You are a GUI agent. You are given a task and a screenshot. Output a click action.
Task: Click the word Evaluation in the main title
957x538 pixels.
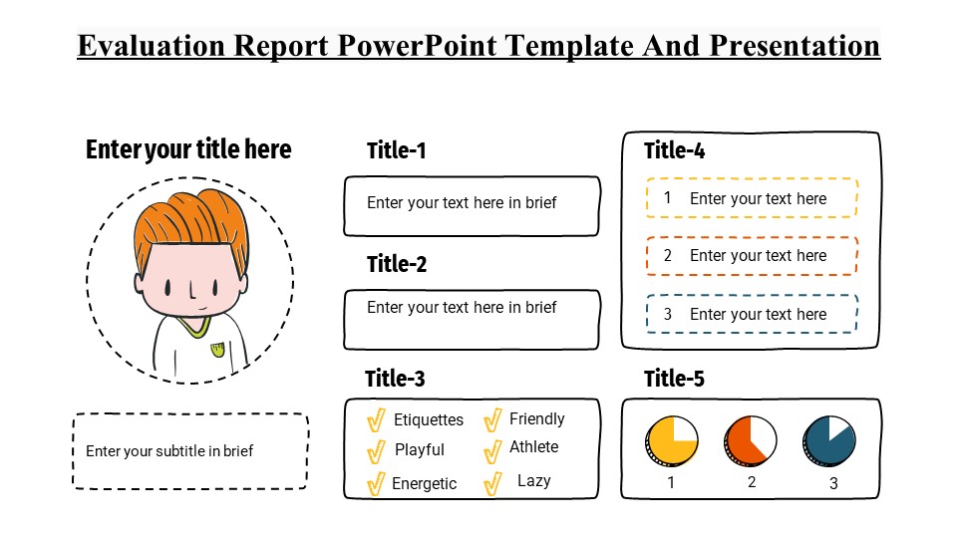pos(152,46)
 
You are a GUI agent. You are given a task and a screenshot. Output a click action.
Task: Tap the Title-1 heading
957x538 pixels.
pos(396,150)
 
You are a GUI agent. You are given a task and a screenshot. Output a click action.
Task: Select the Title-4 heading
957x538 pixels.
pos(675,150)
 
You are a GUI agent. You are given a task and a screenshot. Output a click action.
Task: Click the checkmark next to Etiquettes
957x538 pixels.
pos(376,419)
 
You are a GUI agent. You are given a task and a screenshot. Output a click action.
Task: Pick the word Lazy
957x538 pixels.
pos(534,481)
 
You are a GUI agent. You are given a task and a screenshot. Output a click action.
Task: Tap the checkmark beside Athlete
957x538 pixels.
pos(492,451)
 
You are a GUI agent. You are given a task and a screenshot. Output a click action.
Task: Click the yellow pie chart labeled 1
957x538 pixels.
pos(671,441)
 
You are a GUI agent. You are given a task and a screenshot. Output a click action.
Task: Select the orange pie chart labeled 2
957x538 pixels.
pos(750,441)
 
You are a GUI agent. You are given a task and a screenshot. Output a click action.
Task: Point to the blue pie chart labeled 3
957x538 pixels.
pos(829,441)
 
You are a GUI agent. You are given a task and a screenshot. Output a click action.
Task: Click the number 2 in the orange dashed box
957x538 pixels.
pos(668,256)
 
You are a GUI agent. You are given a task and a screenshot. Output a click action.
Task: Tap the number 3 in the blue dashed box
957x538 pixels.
pos(668,314)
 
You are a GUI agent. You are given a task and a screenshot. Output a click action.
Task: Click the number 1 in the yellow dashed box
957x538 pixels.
pos(668,198)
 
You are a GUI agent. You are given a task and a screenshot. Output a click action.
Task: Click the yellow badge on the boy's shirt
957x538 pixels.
pos(217,350)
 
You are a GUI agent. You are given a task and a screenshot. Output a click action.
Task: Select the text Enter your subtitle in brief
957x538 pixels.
pos(169,451)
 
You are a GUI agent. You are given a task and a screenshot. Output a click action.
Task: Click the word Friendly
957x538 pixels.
pos(537,419)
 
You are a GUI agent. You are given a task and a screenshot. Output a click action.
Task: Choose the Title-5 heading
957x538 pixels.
pos(675,379)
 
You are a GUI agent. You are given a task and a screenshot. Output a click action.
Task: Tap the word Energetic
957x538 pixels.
pos(425,484)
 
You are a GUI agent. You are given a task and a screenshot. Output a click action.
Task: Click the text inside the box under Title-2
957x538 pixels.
pos(462,308)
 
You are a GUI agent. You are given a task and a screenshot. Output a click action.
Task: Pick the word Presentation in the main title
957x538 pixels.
pos(795,46)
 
